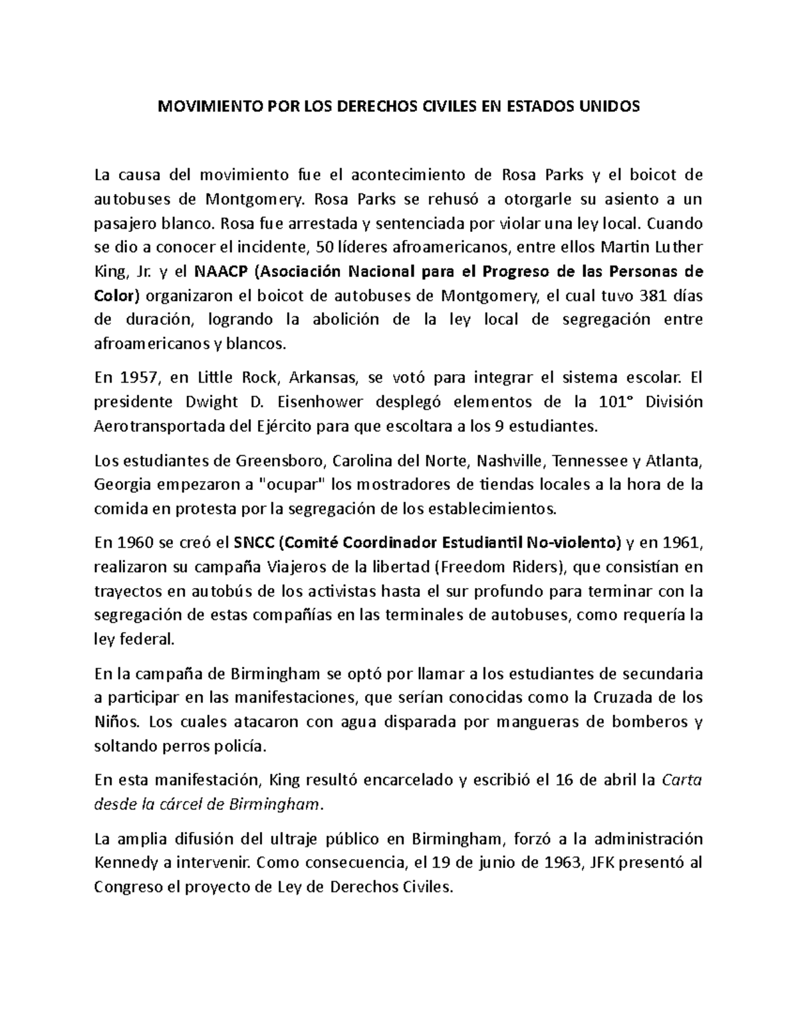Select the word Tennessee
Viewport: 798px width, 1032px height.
coord(589,461)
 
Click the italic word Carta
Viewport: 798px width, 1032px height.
coord(683,779)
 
